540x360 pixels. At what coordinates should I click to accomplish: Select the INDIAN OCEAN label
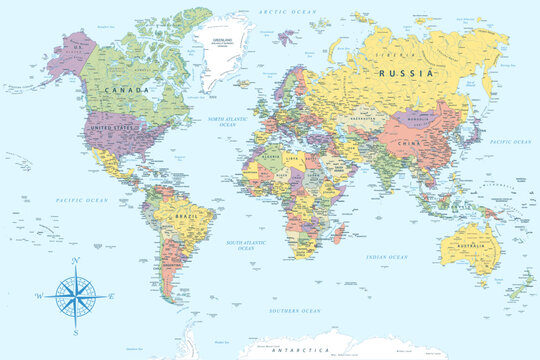click(387, 257)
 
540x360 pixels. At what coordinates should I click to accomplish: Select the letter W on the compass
click(38, 296)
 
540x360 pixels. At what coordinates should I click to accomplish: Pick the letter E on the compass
click(111, 296)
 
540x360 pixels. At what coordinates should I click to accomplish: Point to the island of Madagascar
click(341, 236)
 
